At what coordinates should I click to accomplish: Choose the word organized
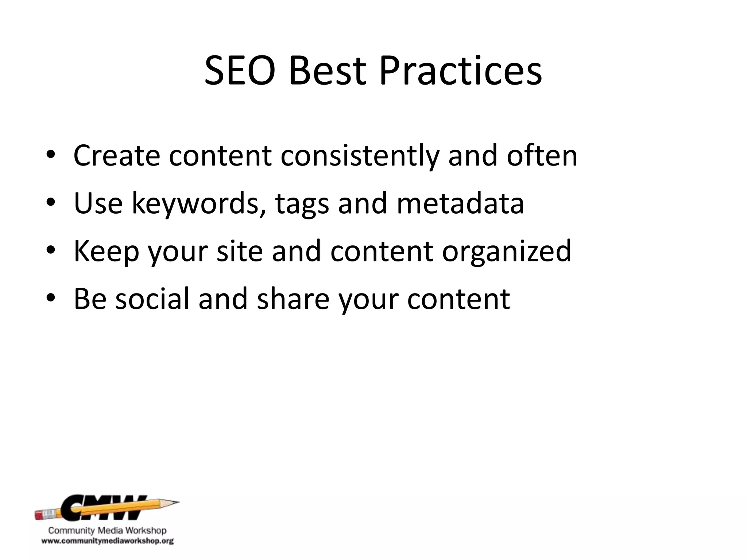(x=507, y=252)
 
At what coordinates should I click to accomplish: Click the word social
(x=152, y=299)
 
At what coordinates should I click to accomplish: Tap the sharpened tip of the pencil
(x=177, y=502)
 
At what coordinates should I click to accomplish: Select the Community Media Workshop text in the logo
(x=107, y=530)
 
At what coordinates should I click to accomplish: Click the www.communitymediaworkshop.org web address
(x=107, y=541)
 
